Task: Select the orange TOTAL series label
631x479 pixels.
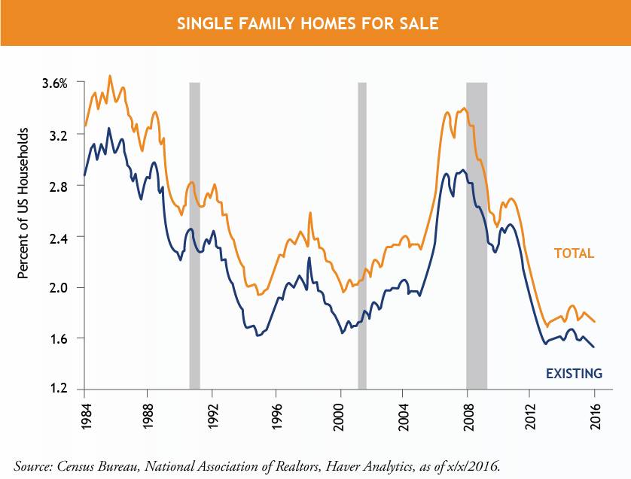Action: tap(575, 253)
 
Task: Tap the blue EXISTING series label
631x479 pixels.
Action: tap(574, 373)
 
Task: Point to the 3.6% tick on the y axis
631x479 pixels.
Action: tap(54, 83)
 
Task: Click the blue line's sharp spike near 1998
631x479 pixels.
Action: tap(309, 258)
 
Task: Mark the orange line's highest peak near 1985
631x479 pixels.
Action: tap(110, 76)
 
